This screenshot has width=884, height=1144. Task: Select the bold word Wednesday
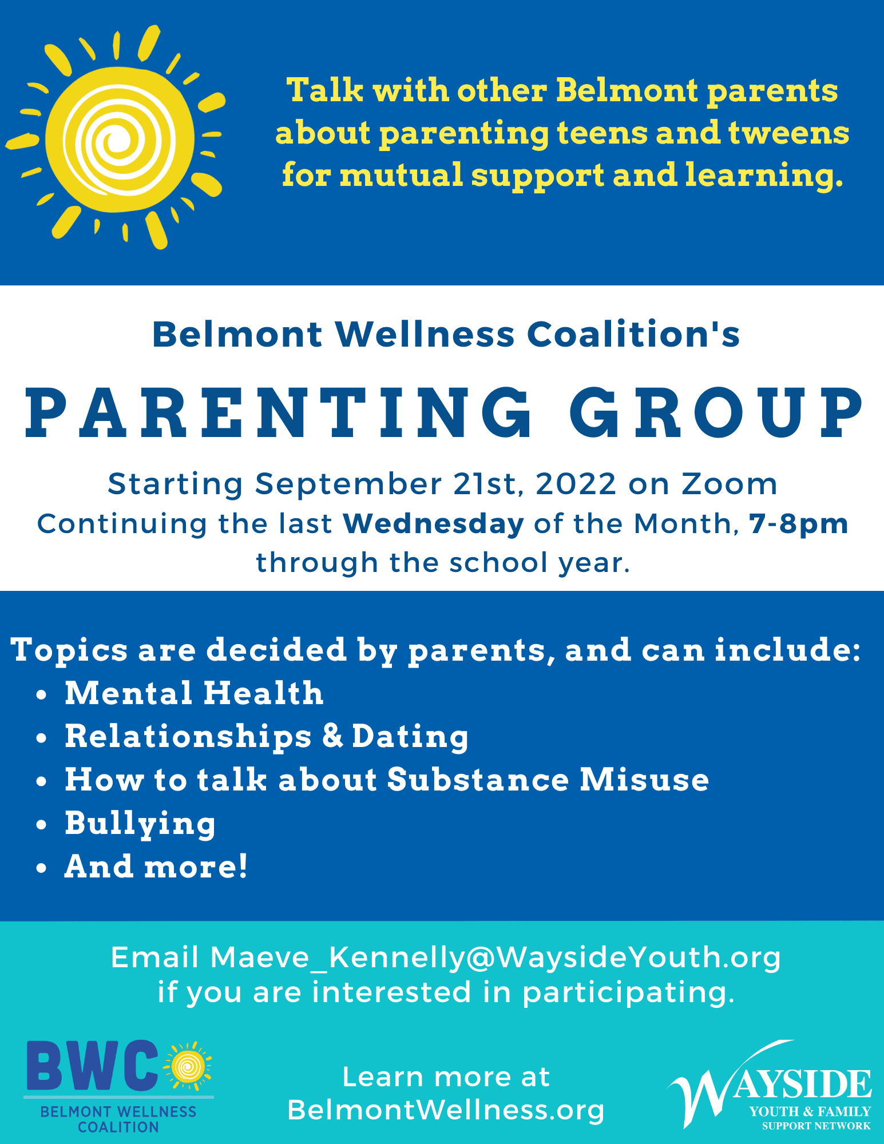coord(434,523)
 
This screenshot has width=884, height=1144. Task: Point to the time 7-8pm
coord(799,523)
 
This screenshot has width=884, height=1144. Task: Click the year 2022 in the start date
coord(576,484)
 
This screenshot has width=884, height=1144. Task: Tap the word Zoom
coord(730,484)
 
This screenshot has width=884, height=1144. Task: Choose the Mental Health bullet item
coord(194,693)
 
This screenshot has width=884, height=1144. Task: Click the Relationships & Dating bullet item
coord(267,736)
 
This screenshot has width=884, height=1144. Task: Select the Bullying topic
coord(140,824)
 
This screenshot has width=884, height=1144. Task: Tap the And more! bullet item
coord(156,867)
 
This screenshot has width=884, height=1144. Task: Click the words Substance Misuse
coord(548,780)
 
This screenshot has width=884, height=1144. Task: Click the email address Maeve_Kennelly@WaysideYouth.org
coord(495,958)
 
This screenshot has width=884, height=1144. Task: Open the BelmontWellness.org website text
coord(446,1110)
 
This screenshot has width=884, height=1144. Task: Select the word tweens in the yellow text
coord(788,133)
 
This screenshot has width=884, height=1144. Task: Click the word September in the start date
coord(348,484)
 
